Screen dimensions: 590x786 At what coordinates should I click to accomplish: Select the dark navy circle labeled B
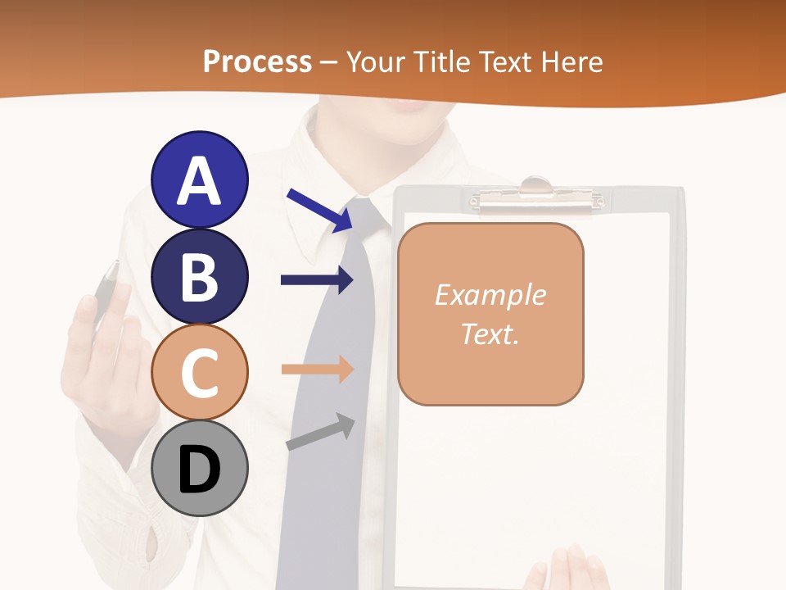(199, 276)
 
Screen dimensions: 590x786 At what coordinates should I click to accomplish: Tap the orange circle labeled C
(199, 372)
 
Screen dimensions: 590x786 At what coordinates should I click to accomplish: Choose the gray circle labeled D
(199, 469)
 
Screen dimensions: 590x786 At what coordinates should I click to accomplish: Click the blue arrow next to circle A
(320, 210)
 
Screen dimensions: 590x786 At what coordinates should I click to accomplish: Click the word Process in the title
(257, 61)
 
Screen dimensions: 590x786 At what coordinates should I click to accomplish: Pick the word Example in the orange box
(490, 295)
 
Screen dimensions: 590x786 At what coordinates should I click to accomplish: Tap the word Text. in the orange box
(490, 334)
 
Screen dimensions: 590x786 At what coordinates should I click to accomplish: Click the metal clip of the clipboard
(536, 194)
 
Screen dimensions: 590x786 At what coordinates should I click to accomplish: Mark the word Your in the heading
(373, 61)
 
